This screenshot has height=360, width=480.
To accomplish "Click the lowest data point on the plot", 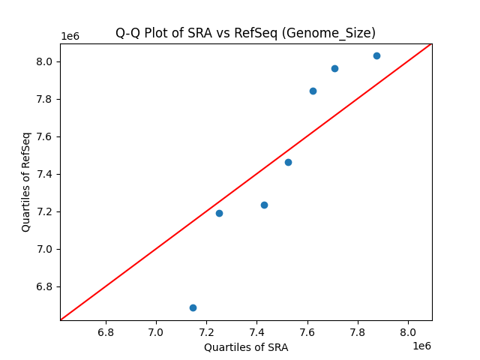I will [x=193, y=307].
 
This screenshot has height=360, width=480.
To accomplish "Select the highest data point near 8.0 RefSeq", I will [x=376, y=55].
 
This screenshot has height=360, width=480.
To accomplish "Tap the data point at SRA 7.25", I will [x=219, y=213].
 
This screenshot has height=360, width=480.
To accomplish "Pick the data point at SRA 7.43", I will [x=264, y=205].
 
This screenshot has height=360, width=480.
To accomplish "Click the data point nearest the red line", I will [x=288, y=162].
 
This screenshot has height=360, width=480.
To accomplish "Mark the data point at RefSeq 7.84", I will [x=313, y=91].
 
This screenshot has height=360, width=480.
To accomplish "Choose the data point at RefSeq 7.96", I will [x=334, y=68].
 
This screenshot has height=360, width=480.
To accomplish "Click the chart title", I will [x=245, y=33].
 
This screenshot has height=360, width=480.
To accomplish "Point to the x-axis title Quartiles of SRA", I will [x=246, y=347].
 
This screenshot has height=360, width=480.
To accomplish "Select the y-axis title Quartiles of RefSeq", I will [x=26, y=181].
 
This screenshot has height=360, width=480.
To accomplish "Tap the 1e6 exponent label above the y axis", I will [x=70, y=36].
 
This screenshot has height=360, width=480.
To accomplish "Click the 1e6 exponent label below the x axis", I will [x=421, y=346].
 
